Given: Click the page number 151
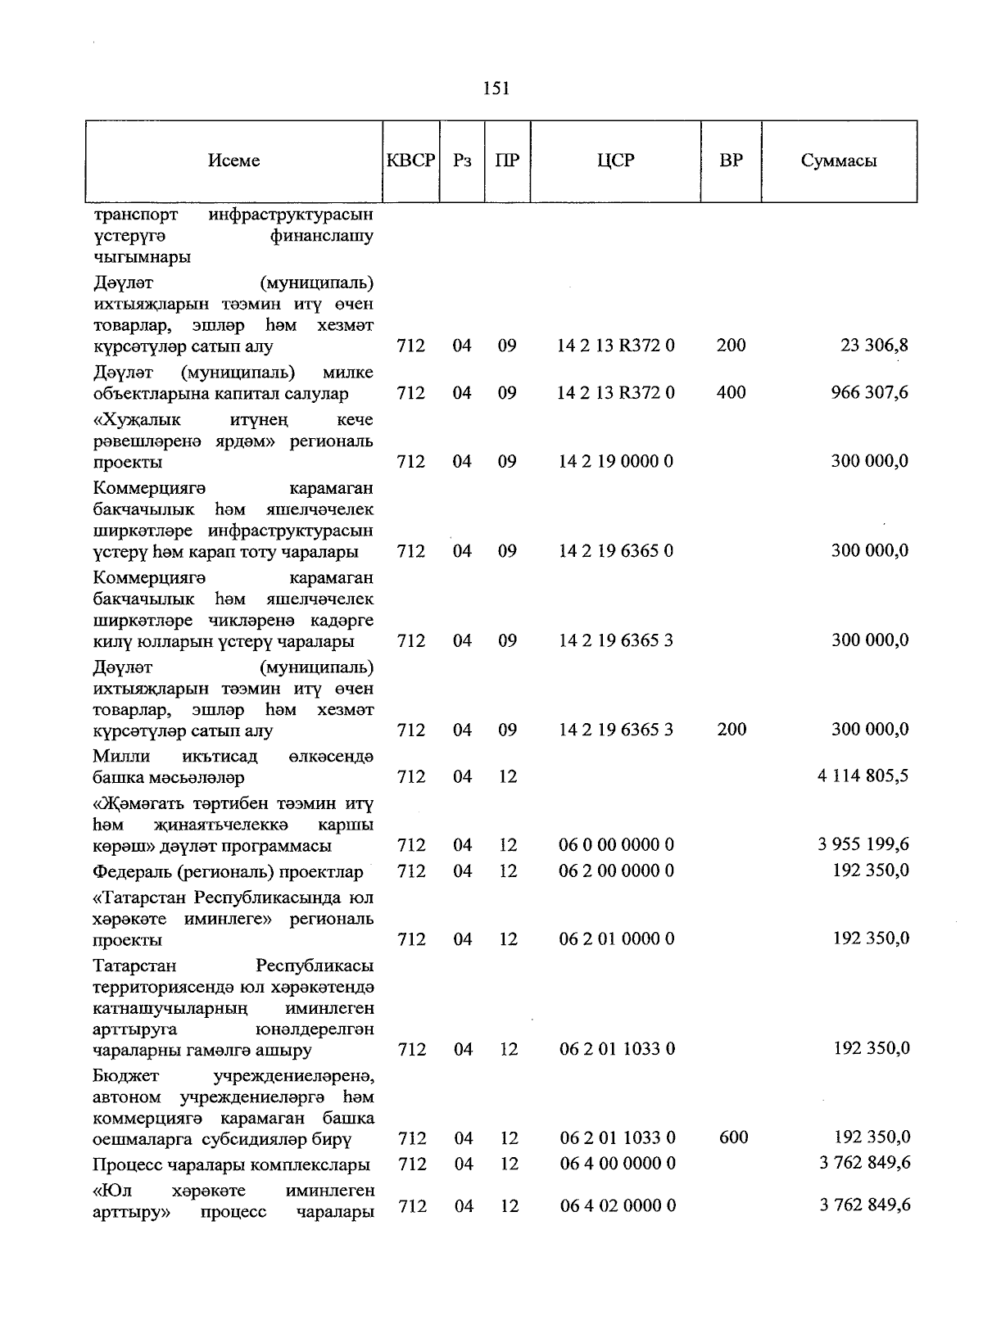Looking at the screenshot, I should pyautogui.click(x=496, y=88).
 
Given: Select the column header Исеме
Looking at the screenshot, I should pyautogui.click(x=233, y=161).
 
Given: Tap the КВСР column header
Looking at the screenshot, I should pyautogui.click(x=410, y=161).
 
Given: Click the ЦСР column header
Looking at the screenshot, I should pyautogui.click(x=615, y=161).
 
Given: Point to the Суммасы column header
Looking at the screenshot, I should pyautogui.click(x=838, y=161).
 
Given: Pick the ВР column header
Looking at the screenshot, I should pyautogui.click(x=731, y=161).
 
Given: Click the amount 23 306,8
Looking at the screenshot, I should pyautogui.click(x=874, y=346).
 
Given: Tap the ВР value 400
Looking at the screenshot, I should pyautogui.click(x=731, y=393).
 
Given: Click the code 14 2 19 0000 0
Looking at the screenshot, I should pyautogui.click(x=616, y=462).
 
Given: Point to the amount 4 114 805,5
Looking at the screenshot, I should pyautogui.click(x=863, y=776).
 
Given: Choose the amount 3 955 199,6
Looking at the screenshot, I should pyautogui.click(x=863, y=844).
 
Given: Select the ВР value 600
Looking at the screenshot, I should pyautogui.click(x=732, y=1137).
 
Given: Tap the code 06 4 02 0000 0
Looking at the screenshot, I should pyautogui.click(x=618, y=1205).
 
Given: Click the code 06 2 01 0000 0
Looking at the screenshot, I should pyautogui.click(x=617, y=939).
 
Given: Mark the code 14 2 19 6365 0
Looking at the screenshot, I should pyautogui.click(x=616, y=551).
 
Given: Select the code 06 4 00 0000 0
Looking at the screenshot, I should pyautogui.click(x=618, y=1164).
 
